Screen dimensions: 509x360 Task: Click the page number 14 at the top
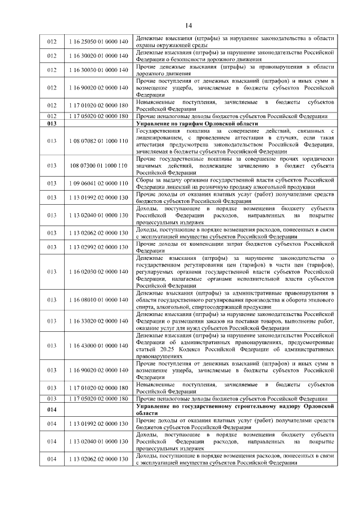point(188,25)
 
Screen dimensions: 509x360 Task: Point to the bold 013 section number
point(52,123)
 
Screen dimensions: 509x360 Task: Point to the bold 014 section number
point(52,408)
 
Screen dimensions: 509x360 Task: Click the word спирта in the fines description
point(147,308)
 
